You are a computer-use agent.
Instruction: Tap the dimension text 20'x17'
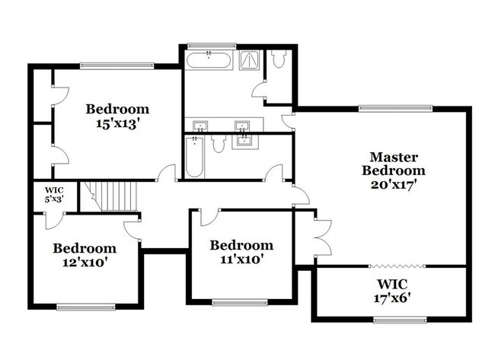tap(393, 184)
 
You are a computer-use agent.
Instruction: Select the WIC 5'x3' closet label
tap(53, 194)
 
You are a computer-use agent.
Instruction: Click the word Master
tap(393, 158)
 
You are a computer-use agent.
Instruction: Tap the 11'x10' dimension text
tap(241, 260)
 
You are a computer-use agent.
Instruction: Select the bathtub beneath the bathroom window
tap(209, 62)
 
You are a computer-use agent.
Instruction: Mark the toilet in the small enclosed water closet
tap(278, 59)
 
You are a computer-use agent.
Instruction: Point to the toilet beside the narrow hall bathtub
tap(219, 144)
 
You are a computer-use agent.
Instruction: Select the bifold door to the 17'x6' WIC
tap(395, 266)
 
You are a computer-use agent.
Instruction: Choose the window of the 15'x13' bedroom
tap(117, 65)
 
